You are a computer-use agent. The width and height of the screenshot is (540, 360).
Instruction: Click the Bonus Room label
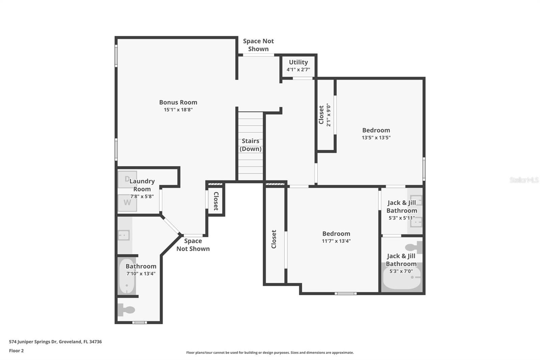[178, 102]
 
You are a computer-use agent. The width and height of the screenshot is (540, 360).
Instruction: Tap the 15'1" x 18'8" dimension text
[178, 110]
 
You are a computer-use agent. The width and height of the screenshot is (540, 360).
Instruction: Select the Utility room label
[298, 62]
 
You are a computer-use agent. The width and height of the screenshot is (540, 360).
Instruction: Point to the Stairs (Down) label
[250, 145]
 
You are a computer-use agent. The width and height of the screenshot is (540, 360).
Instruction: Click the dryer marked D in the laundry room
[127, 179]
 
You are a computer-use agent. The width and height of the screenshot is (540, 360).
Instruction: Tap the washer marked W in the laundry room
[127, 203]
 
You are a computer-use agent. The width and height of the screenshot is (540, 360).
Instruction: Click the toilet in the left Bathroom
[127, 310]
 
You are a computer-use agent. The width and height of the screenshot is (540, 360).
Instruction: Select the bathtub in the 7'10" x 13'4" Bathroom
[127, 276]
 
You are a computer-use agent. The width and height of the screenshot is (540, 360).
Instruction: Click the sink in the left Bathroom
[124, 235]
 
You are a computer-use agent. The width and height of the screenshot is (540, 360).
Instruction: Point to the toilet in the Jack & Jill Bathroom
[414, 247]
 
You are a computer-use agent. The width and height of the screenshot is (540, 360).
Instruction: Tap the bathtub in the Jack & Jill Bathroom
[402, 278]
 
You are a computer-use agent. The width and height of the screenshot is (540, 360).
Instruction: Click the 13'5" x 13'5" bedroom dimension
[376, 138]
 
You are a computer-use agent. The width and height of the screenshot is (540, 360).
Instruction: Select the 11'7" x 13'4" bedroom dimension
[336, 241]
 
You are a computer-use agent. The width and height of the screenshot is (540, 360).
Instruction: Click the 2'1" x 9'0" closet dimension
[328, 115]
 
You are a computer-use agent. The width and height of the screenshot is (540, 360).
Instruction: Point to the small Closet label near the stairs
[216, 201]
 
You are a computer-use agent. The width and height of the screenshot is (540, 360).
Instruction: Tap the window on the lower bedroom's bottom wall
[346, 293]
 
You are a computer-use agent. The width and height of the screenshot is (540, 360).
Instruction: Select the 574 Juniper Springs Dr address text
[55, 342]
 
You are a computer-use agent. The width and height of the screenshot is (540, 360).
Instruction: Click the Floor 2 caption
[17, 351]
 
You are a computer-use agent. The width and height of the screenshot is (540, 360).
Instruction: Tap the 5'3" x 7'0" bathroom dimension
[401, 271]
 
